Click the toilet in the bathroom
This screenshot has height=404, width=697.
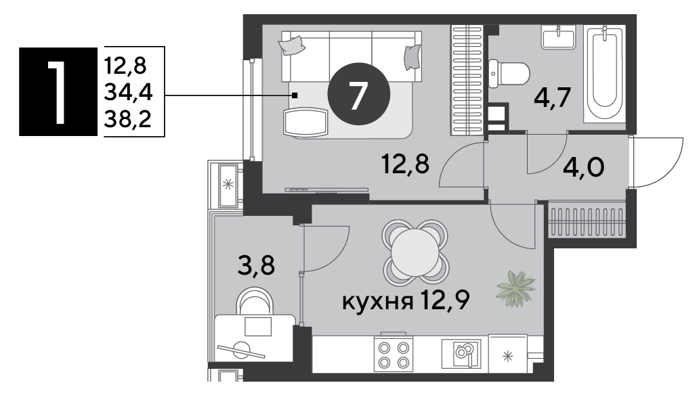coord(509,74)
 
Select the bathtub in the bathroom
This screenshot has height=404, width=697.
coord(604,74)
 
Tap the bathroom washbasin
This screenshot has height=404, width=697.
coord(558,37)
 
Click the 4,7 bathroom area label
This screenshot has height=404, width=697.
coord(552,97)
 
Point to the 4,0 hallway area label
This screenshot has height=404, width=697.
coord(584,168)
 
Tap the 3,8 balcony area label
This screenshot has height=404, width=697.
coord(256,266)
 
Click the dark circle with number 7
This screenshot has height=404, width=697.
coord(358,94)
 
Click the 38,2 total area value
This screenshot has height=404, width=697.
coord(127,119)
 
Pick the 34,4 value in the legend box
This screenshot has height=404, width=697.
coord(128,93)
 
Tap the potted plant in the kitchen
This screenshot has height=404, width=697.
coord(515,289)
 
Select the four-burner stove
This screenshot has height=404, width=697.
coord(394,354)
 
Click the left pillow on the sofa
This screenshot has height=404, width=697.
coord(291,45)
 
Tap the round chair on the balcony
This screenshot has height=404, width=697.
coord(255,302)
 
